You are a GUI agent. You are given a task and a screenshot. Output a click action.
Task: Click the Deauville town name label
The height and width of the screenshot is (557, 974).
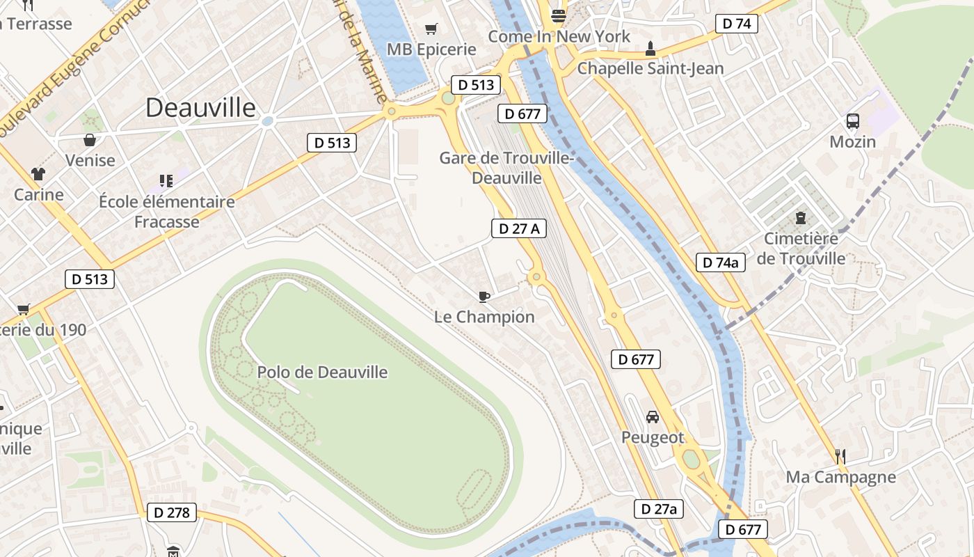201,107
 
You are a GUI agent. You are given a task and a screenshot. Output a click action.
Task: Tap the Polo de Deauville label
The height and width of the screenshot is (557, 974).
322,372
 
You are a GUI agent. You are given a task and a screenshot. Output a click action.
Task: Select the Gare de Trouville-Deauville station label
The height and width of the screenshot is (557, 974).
506,168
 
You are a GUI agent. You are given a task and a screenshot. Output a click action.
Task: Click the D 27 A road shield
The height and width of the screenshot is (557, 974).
519,228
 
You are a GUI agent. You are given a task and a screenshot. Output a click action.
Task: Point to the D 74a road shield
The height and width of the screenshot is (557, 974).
721,262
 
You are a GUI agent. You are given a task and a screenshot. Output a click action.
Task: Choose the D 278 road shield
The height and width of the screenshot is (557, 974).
172,513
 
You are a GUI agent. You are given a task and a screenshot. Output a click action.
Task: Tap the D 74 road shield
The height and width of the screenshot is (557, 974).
737,24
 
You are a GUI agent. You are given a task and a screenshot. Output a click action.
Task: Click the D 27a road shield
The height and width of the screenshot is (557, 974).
659,509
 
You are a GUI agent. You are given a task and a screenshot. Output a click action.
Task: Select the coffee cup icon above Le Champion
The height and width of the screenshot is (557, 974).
484,297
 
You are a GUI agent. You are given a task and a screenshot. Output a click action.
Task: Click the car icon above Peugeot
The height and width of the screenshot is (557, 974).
653,417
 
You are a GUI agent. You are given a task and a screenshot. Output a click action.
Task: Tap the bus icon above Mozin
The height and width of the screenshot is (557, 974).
853,121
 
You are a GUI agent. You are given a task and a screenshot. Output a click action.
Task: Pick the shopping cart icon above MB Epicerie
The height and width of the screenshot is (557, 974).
431,29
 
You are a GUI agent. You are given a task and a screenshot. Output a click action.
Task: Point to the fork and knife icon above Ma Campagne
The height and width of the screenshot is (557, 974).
840,457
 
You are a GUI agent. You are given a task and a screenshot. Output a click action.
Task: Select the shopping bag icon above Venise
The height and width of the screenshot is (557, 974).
90,140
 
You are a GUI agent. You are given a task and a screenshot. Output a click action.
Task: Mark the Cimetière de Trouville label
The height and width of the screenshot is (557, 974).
801,249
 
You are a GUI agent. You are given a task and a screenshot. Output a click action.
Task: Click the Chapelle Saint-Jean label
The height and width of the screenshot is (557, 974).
650,68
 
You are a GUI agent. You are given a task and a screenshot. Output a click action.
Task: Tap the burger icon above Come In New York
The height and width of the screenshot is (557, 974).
559,15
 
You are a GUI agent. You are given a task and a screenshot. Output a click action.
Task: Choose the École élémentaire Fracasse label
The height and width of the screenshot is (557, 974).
167,212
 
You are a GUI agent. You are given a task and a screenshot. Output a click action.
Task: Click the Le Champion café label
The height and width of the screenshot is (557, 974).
484,317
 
